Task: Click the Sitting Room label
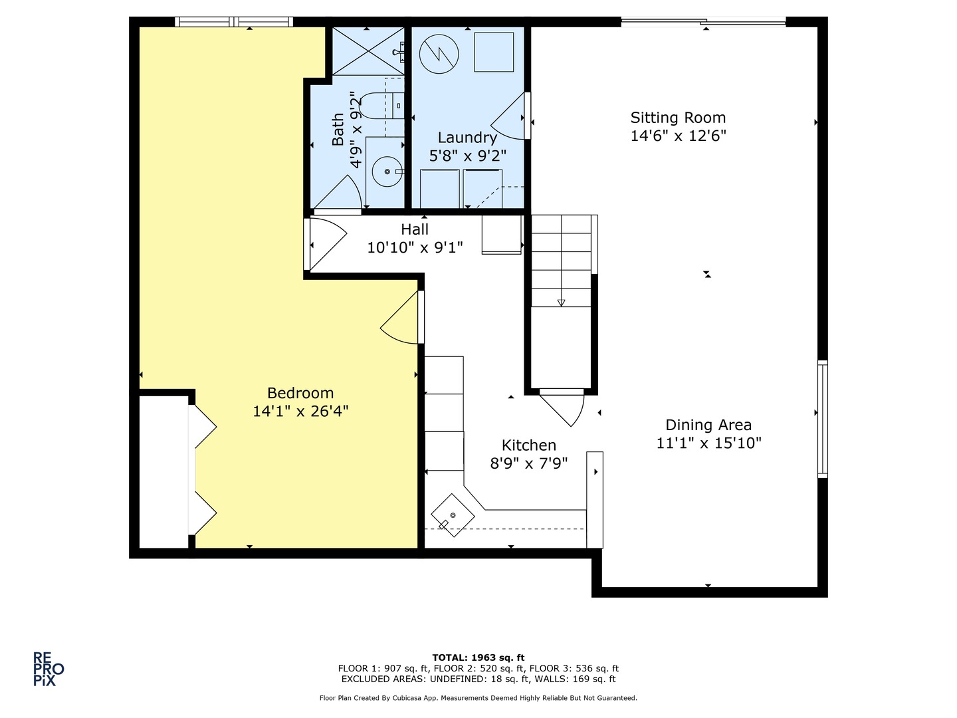click(678, 118)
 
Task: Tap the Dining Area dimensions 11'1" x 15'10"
click(708, 443)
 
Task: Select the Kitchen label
click(528, 445)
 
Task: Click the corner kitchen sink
click(453, 515)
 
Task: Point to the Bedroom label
click(300, 393)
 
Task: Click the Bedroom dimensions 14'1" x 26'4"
click(300, 412)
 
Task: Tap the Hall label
click(415, 229)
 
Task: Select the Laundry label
click(467, 138)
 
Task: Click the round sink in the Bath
click(387, 172)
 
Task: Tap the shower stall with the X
click(368, 51)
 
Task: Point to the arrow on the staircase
click(561, 302)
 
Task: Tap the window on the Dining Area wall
click(822, 419)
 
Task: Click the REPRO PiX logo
click(49, 668)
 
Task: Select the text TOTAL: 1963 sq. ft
click(478, 658)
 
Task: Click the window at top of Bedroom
click(233, 22)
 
